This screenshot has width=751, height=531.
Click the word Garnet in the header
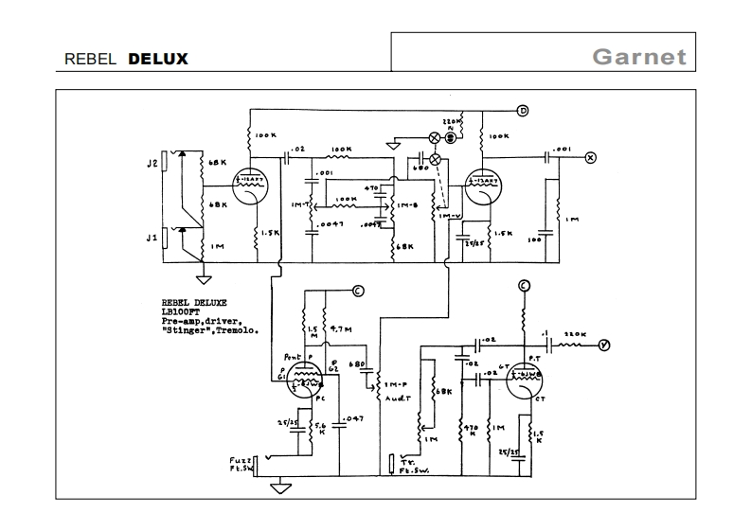point(638,57)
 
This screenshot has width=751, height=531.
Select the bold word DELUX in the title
point(158,59)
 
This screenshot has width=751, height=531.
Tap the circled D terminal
point(521,112)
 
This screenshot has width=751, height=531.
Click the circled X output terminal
point(591,158)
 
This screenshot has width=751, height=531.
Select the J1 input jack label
point(151,238)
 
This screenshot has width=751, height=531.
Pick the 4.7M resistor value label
point(338,329)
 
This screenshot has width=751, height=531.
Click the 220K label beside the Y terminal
point(576,334)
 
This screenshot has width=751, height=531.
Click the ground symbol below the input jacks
point(202,279)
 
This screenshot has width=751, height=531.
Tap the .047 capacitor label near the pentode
point(354,418)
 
